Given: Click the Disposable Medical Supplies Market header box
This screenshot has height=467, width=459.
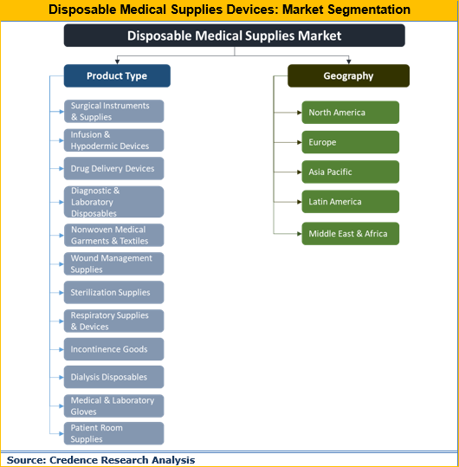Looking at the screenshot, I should point(234,36).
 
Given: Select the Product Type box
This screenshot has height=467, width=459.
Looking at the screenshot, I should point(117,76).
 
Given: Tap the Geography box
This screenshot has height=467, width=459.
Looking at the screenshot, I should point(348,76).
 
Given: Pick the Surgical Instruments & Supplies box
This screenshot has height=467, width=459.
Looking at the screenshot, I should point(113,111).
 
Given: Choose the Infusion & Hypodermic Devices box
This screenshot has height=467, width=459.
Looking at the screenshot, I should point(113,140).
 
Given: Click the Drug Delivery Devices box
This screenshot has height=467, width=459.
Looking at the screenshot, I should point(113,168).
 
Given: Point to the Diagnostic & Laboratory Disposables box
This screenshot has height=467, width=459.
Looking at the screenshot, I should point(113,202).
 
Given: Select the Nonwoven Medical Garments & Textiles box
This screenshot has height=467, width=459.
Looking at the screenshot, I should point(113,236).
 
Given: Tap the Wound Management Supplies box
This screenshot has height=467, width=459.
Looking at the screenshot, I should point(113,263).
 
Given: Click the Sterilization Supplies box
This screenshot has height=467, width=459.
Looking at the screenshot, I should point(113,293).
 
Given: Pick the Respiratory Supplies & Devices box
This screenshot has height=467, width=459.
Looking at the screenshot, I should point(113,321).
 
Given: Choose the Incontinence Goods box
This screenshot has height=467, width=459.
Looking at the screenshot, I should point(113,349).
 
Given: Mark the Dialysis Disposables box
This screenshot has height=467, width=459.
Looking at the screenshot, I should point(113,377).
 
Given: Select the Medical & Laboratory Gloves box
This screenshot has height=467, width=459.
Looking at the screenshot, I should point(113,405).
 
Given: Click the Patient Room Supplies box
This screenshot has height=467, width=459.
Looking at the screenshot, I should point(113,433).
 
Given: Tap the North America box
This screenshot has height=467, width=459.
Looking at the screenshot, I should point(350,113).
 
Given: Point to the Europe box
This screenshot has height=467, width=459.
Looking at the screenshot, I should point(350,142).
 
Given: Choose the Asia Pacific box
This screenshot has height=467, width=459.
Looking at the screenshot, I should point(350,172).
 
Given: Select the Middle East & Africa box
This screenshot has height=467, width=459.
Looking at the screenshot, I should point(350,234).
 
